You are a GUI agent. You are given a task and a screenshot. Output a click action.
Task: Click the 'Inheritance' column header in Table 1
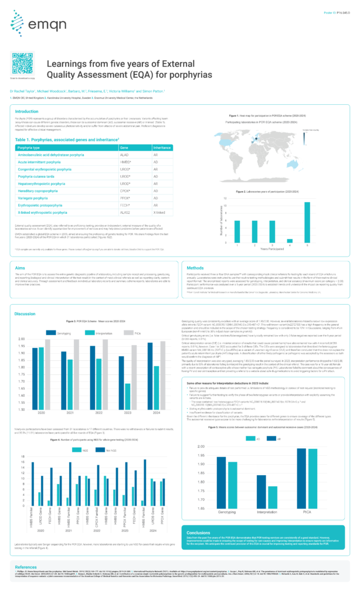(x=161, y=148)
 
